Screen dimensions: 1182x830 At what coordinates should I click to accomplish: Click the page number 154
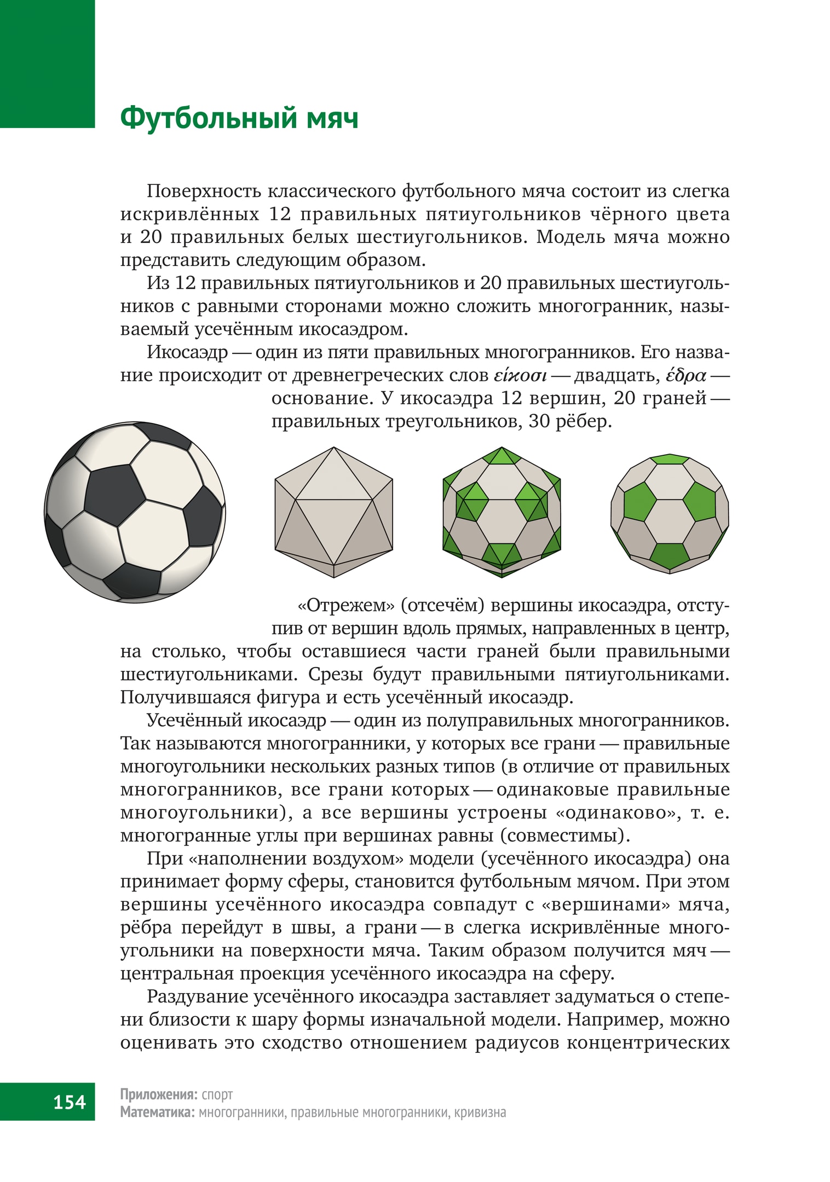(70, 1101)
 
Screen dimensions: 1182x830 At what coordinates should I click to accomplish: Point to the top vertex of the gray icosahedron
(334, 448)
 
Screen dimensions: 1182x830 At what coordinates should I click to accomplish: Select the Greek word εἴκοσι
(520, 376)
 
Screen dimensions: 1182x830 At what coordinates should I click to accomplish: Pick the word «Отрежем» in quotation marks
(345, 606)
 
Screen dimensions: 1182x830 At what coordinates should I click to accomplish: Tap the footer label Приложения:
(158, 1094)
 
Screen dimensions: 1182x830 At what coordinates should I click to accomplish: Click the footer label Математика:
(157, 1113)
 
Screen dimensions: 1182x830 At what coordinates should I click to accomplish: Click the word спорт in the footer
(217, 1094)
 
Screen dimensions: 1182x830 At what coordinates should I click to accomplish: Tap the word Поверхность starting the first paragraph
(204, 192)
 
